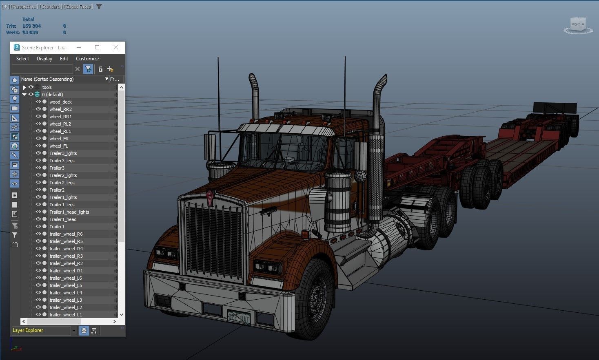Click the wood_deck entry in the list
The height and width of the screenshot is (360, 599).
coord(60,102)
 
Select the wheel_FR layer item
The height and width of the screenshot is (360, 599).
coord(59,139)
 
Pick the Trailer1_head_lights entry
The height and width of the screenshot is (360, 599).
coord(69,212)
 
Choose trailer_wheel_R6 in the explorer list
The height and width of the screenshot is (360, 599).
coord(66,234)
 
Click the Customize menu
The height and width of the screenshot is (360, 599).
coord(87,59)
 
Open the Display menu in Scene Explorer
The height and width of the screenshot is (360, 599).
coord(44,59)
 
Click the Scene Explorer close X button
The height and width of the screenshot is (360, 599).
coord(116,47)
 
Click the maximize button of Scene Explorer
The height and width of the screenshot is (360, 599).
coord(97,47)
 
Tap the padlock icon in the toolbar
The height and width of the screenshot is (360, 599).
coord(100,69)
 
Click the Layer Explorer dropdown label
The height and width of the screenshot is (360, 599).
coord(28,330)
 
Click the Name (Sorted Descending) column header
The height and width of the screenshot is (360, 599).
coord(47,79)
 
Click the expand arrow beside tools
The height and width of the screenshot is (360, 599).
coord(24,87)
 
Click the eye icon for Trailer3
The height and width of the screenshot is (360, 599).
coord(38,168)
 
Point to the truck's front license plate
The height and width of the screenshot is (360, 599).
coord(239,317)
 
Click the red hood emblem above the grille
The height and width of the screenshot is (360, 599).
coord(210,198)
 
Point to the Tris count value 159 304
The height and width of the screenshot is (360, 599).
coord(31,26)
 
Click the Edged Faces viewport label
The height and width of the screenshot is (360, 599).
coord(79,7)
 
